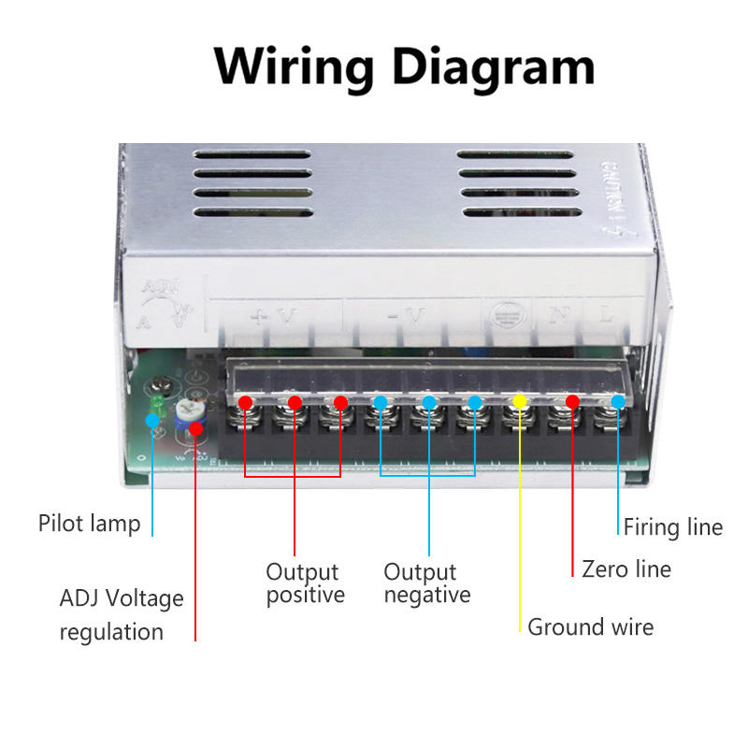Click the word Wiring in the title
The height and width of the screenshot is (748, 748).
tap(293, 66)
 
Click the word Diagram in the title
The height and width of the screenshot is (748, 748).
tap(493, 66)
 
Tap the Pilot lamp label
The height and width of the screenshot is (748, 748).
tap(89, 523)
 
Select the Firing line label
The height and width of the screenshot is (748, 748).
tap(672, 527)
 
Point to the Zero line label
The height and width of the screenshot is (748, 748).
tap(626, 568)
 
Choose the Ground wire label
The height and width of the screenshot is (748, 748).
tap(590, 626)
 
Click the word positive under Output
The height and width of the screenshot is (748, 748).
tap(305, 596)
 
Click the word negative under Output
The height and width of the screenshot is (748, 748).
tap(426, 596)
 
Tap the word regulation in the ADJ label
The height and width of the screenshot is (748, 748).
tap(111, 632)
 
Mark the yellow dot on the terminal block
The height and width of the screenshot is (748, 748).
tap(521, 401)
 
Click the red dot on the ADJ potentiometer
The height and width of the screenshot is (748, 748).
tap(195, 428)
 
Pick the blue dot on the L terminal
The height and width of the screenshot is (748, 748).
tap(618, 401)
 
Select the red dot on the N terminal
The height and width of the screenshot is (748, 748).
tap(572, 401)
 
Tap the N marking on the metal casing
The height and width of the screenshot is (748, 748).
tap(560, 315)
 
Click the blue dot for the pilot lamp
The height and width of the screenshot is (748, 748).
tap(152, 420)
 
